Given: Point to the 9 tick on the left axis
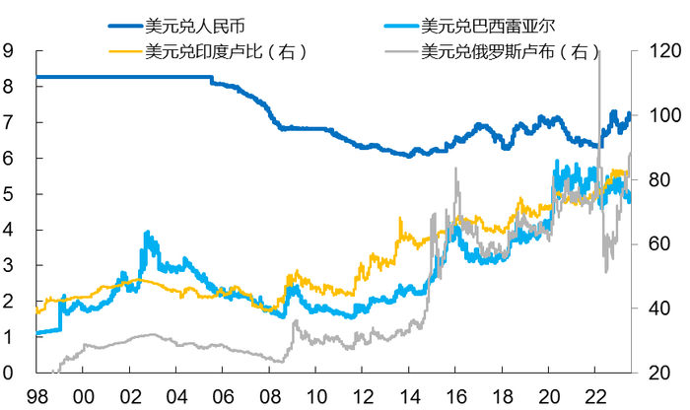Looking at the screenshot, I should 10,50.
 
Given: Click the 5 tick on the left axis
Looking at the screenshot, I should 10,194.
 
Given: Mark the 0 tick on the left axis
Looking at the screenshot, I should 10,374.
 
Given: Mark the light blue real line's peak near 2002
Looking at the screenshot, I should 147,234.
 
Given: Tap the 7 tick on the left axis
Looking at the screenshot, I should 10,122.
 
